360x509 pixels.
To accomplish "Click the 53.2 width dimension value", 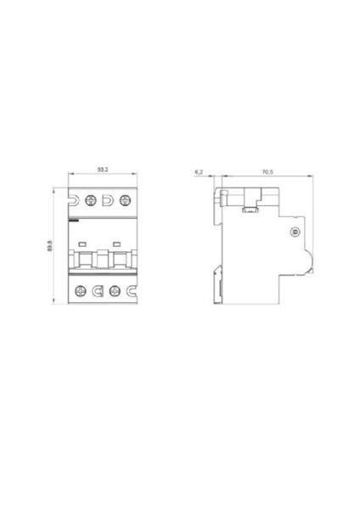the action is click(103, 170).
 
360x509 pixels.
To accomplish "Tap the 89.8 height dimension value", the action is click(50, 246).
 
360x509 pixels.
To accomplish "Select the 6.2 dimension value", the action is click(199, 171).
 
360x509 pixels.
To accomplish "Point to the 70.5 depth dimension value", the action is click(267, 171).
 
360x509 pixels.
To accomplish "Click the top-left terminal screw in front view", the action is click(91, 200).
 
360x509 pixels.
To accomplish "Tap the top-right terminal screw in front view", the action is click(125, 200).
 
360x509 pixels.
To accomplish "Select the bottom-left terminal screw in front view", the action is click(81, 291).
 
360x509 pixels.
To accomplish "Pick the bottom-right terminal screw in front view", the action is click(115, 291).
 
